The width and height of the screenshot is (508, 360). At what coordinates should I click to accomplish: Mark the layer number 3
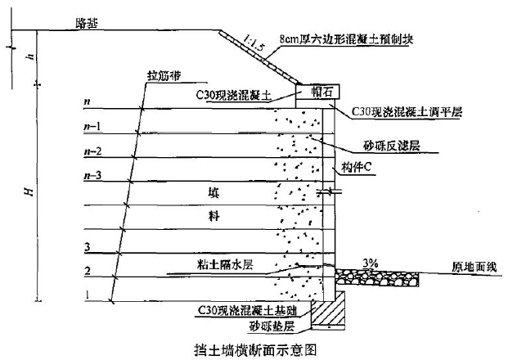pyautogui.click(x=86, y=245)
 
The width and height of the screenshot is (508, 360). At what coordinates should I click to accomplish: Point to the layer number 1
pyautogui.click(x=86, y=293)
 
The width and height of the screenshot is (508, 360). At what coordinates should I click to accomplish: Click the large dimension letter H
pyautogui.click(x=30, y=191)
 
